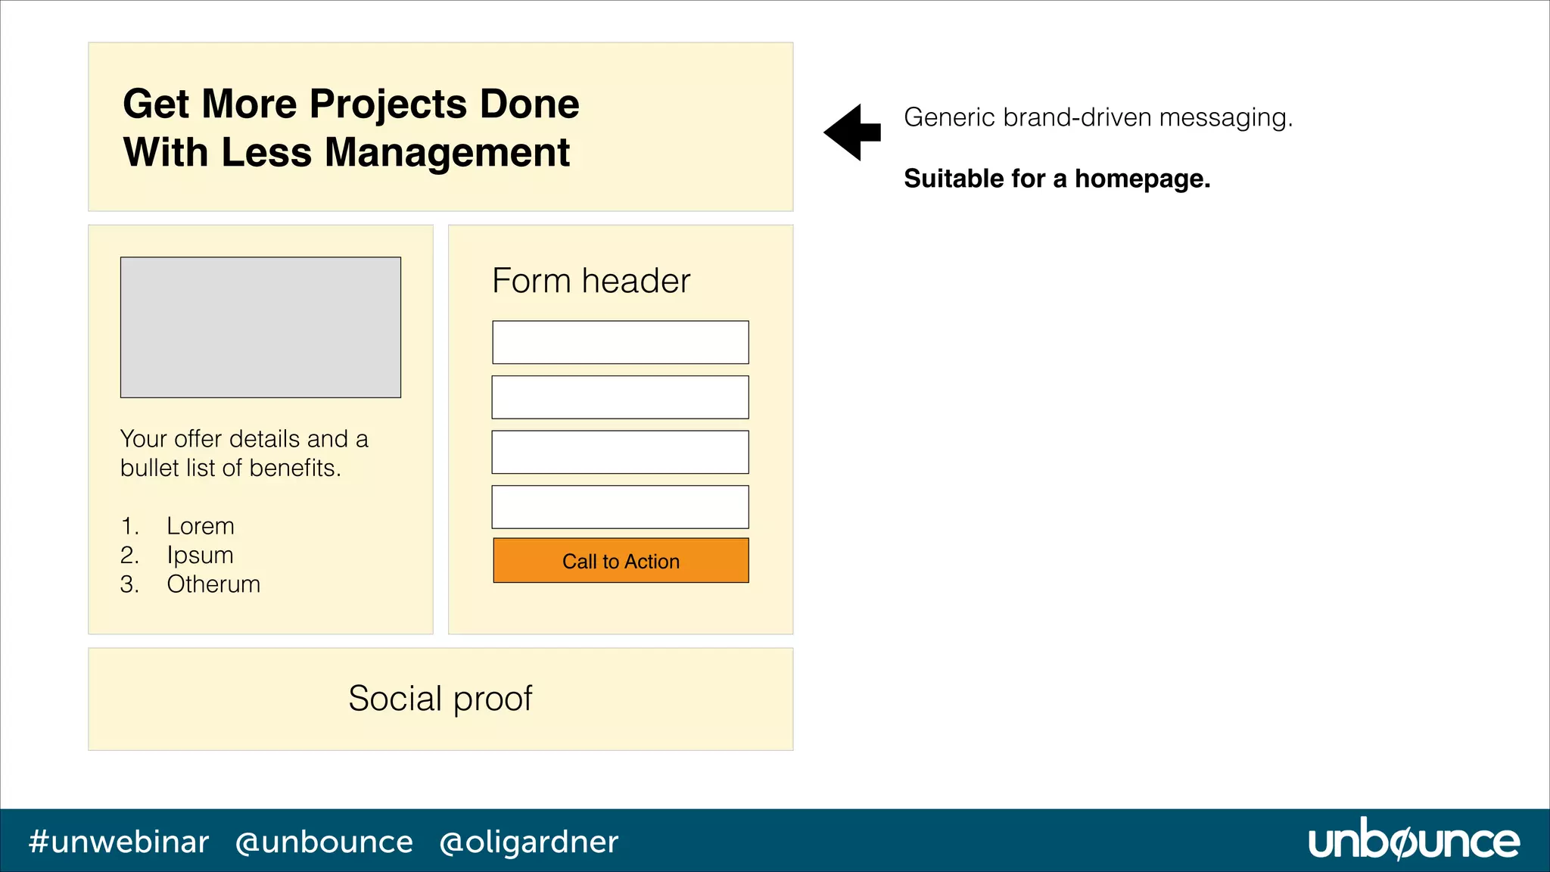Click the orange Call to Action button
621,561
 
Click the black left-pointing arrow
852,132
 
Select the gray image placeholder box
260,327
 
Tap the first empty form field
621,342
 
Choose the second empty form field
621,397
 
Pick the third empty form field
621,452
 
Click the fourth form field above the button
621,507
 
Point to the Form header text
591,281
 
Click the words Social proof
440,698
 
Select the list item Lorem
201,526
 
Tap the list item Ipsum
200,556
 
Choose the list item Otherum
213,584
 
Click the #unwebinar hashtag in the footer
119,842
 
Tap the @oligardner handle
529,842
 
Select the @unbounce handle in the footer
324,842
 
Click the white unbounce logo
1414,840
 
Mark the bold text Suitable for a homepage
1057,179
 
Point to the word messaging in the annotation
1225,118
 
